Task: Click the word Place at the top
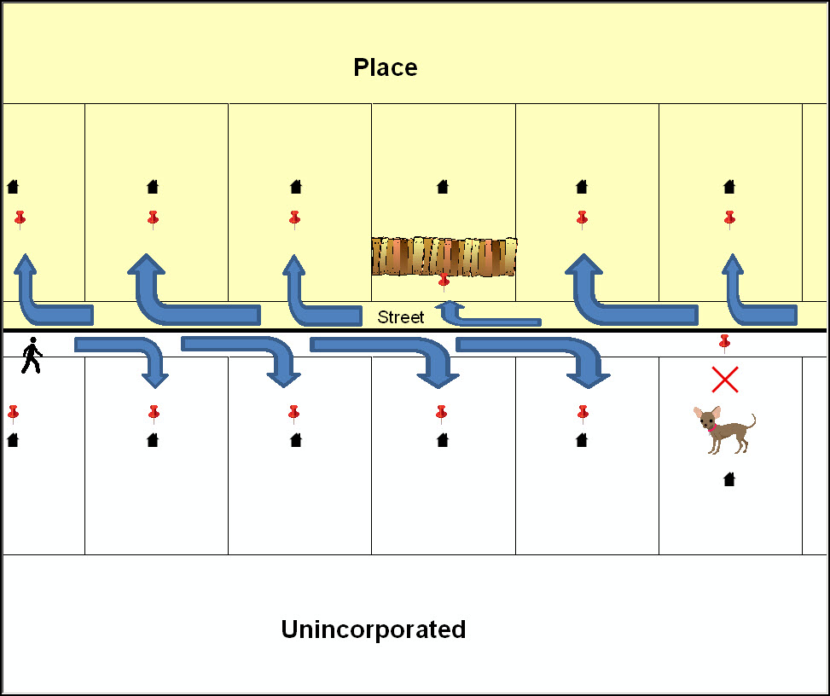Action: coord(386,67)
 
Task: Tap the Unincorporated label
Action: coord(374,629)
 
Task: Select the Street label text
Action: coord(401,317)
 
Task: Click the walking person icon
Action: coord(32,356)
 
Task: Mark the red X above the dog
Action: coord(724,380)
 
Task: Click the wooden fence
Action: coord(444,256)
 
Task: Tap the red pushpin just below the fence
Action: coord(444,281)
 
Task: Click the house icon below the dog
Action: coord(729,479)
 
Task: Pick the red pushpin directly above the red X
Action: coord(724,343)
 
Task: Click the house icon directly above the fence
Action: coord(443,186)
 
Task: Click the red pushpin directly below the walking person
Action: coord(13,414)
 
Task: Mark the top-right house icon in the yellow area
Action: coord(729,186)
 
